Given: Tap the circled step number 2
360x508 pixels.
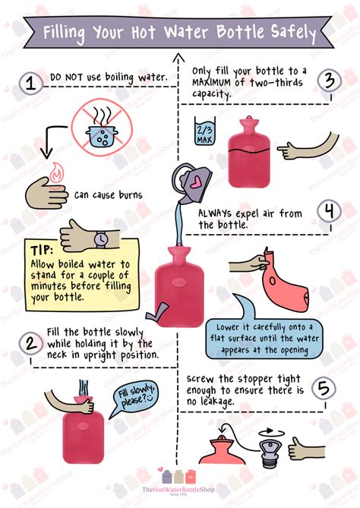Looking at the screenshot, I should tap(30, 343).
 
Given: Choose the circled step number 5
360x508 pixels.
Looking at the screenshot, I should tap(324, 390).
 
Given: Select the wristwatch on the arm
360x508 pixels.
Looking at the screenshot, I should tap(99, 238).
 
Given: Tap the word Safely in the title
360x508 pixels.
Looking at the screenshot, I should tap(286, 33).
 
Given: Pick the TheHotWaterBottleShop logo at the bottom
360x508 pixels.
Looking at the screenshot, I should tap(180, 486).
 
